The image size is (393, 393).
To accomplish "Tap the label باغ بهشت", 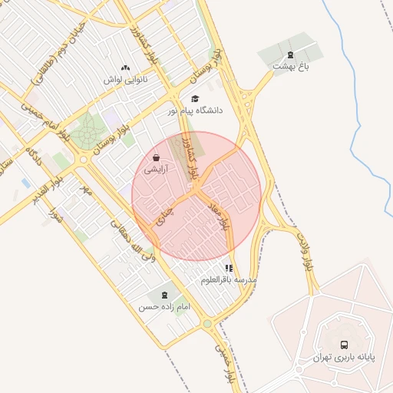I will [x=290, y=67].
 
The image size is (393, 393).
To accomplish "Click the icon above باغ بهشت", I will [x=290, y=54].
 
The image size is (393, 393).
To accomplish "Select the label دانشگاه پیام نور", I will [x=196, y=111].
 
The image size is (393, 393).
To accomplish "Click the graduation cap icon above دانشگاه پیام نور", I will [x=195, y=99].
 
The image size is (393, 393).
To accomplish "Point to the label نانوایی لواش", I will [x=125, y=80].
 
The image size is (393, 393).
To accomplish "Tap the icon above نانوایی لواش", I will [x=125, y=68].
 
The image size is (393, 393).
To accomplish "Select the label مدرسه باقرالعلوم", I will [x=227, y=280].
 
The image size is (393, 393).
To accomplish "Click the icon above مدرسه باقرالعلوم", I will [x=228, y=268].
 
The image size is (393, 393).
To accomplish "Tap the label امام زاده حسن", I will [x=163, y=307].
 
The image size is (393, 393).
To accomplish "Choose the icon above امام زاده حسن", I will [x=163, y=295].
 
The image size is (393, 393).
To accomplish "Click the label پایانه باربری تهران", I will [x=342, y=358].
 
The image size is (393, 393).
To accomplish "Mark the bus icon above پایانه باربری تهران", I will [x=343, y=345].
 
